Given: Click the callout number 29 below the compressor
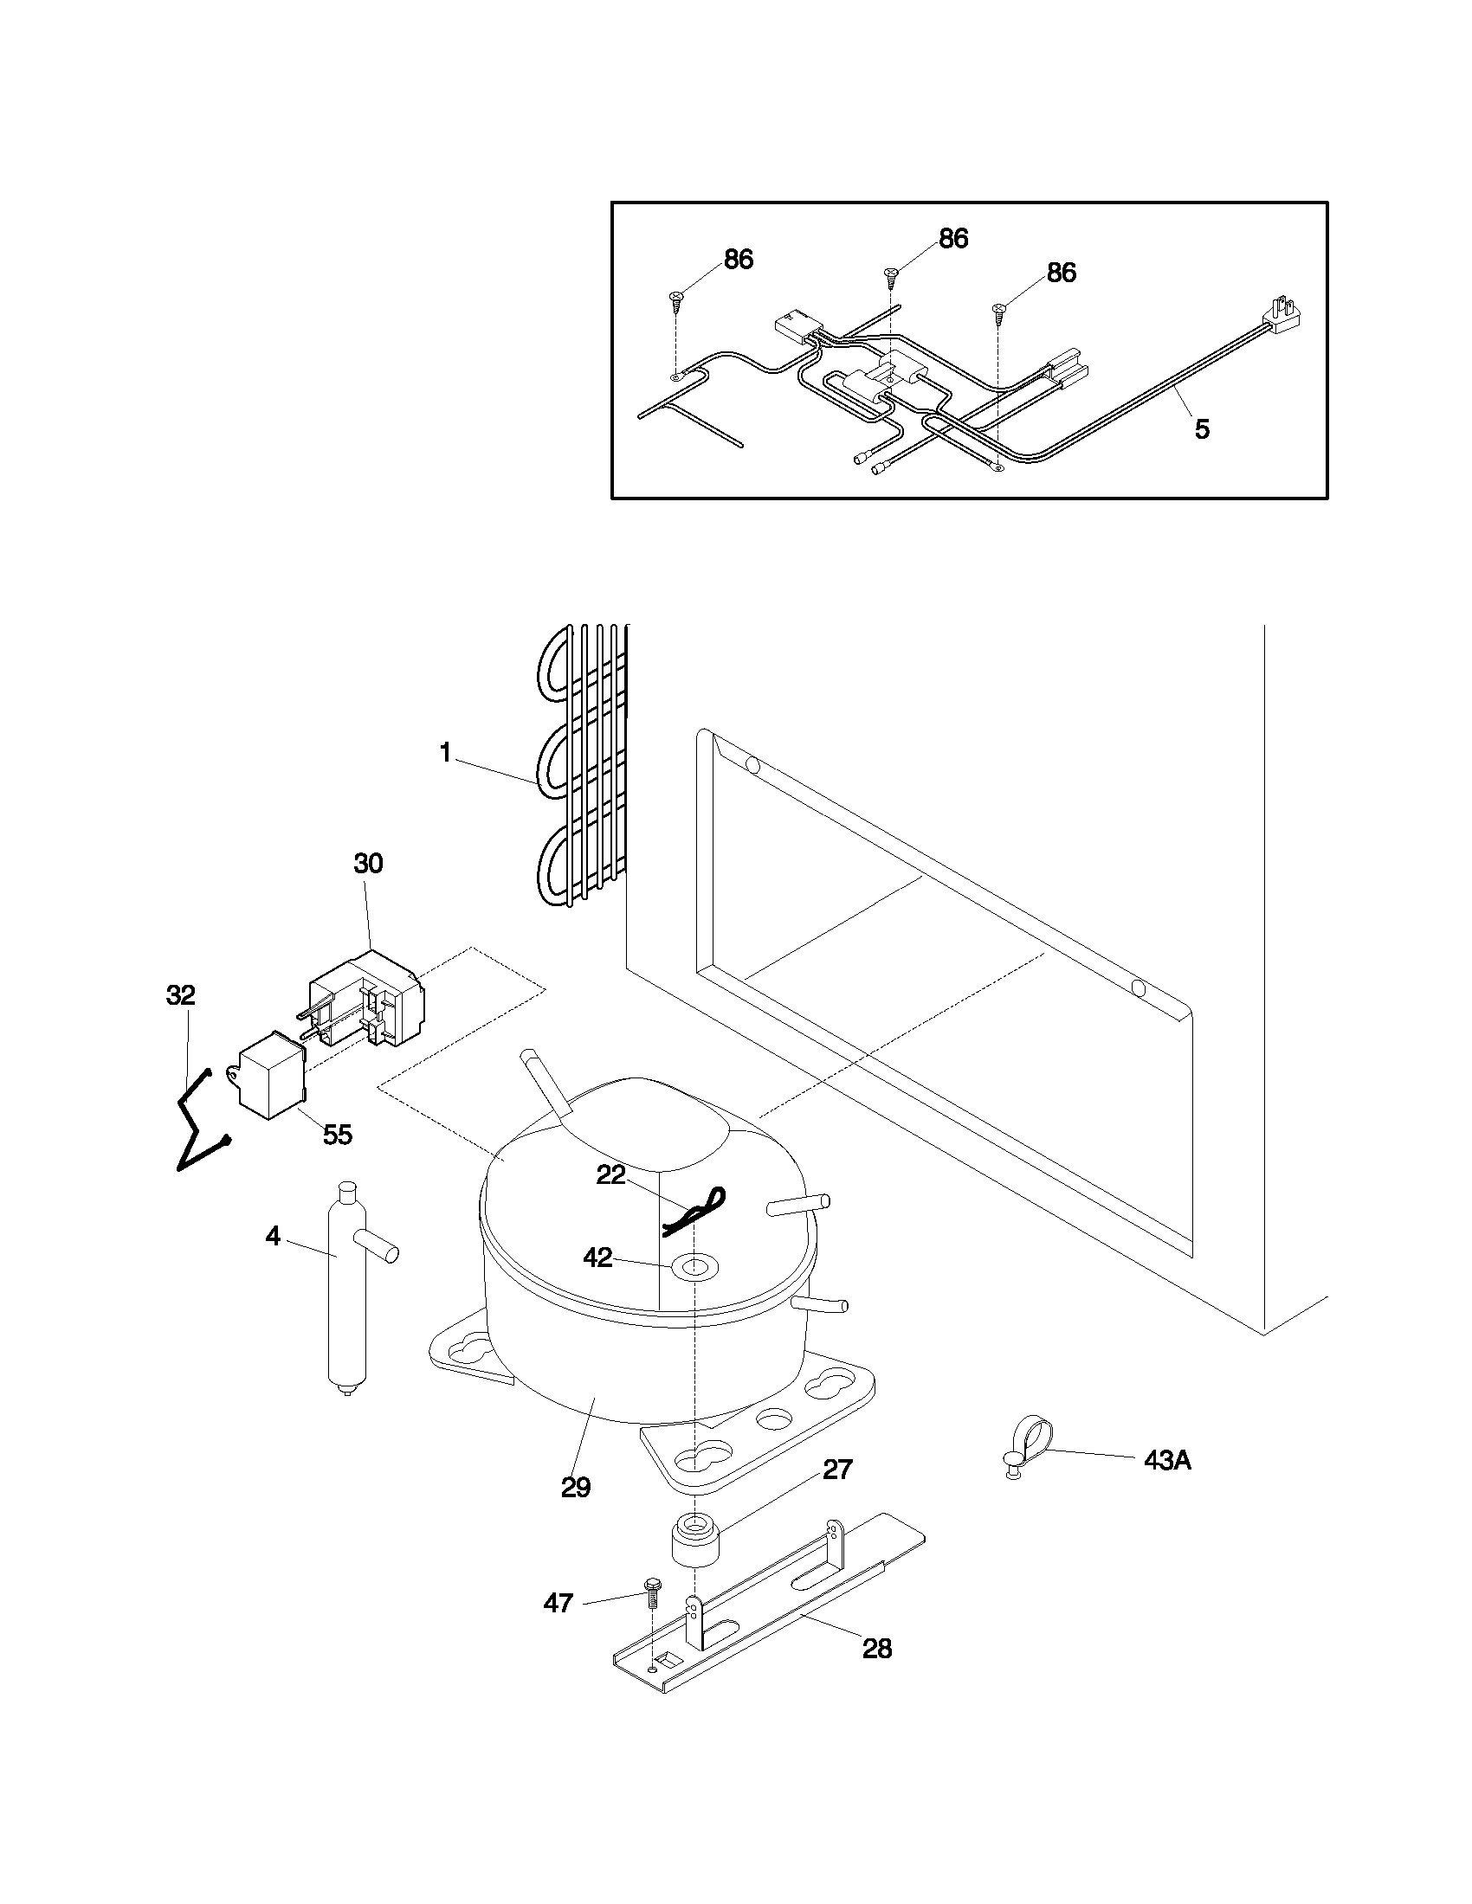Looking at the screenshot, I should [x=576, y=1487].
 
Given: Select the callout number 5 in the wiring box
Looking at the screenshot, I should [x=1202, y=429].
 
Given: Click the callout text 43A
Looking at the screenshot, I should [x=1167, y=1461].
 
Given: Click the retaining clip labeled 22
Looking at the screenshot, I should [x=694, y=1212].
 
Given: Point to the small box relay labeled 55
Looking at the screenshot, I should [x=272, y=1075].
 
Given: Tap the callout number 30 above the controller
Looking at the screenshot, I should [x=368, y=864].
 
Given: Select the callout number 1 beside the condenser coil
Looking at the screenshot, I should [x=446, y=753].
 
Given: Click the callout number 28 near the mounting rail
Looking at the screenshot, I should [x=877, y=1650].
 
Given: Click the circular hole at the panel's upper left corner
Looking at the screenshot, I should [x=752, y=765].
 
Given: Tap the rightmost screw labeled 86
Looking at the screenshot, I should [x=999, y=310].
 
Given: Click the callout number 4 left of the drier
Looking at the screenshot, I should [x=273, y=1236].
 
